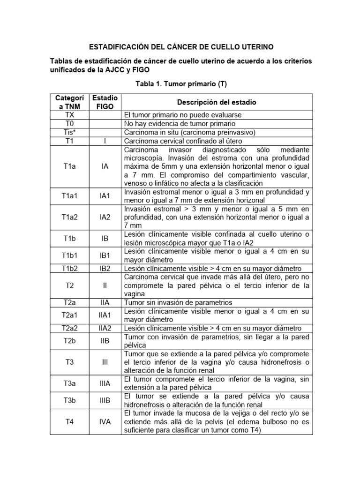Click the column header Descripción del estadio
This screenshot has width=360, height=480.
217,102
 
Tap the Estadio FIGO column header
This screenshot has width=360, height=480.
105,102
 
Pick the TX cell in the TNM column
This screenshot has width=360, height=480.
69,114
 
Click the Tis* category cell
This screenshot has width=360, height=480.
69,132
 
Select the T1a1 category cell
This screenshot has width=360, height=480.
69,196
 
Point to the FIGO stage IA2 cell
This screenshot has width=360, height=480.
105,217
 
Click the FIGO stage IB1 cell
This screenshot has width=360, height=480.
105,255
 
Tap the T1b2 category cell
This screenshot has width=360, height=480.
69,269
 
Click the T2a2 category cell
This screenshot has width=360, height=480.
69,328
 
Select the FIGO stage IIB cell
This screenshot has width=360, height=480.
105,341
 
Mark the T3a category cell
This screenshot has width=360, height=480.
69,383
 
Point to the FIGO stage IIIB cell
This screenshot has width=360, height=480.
105,400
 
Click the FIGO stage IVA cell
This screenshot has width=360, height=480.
105,422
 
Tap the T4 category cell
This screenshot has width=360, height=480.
69,422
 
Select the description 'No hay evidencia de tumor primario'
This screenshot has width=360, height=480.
180,123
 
